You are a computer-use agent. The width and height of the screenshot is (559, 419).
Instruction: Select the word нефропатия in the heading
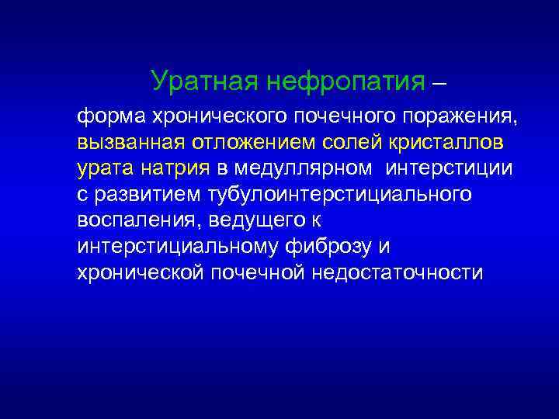coord(344,80)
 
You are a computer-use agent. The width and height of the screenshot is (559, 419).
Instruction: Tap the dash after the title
coord(439,81)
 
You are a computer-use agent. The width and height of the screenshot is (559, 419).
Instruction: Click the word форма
coord(106,118)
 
